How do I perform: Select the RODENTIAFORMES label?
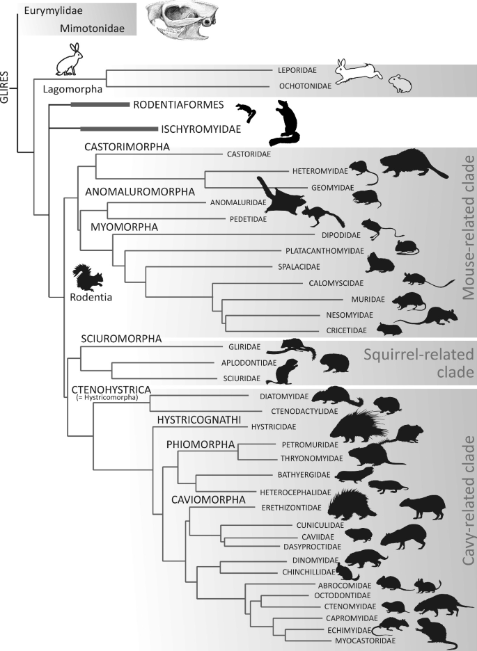(179, 105)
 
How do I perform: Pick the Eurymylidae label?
(50, 10)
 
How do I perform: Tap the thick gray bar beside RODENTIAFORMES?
(100, 105)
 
